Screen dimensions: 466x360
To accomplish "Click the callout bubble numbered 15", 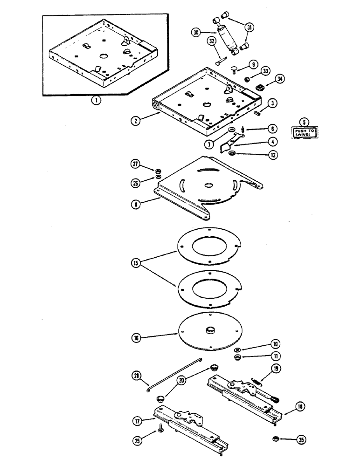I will (x=136, y=263).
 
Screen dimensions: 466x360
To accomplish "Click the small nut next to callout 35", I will (x=276, y=439).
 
